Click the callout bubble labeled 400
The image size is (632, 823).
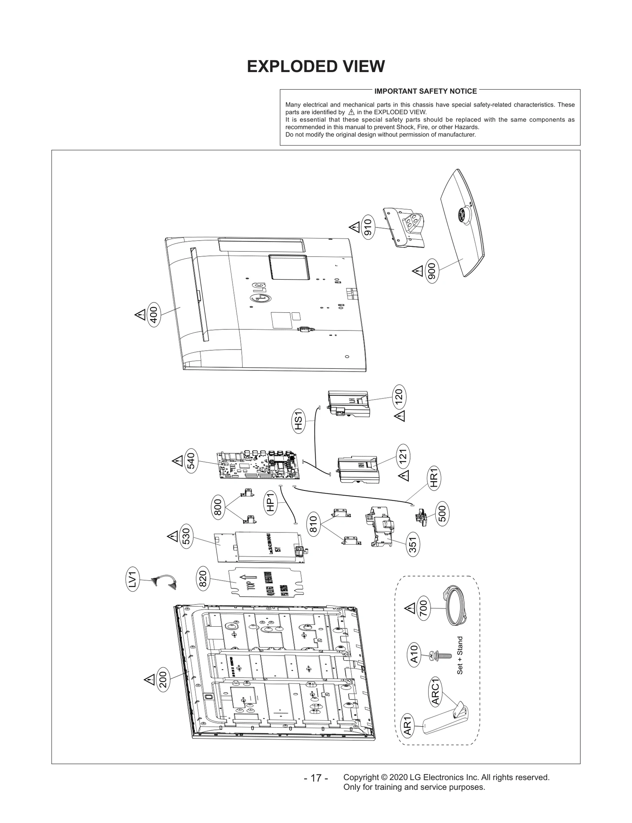coord(154,316)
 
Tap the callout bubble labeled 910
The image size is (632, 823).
coord(368,227)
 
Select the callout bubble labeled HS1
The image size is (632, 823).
coord(298,421)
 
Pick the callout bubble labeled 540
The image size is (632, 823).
coord(190,462)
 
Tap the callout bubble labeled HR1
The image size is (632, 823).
coord(434,479)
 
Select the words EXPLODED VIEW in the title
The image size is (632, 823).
coord(316,67)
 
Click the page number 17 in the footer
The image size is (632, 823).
coord(316,778)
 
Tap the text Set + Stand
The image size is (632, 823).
coord(460,655)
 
